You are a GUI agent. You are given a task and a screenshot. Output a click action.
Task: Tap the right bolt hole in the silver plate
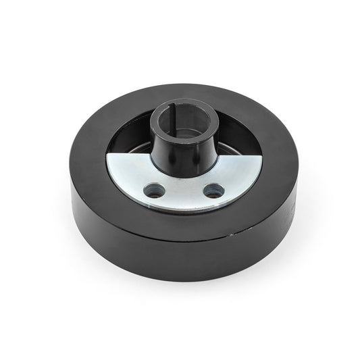point(213,188)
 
